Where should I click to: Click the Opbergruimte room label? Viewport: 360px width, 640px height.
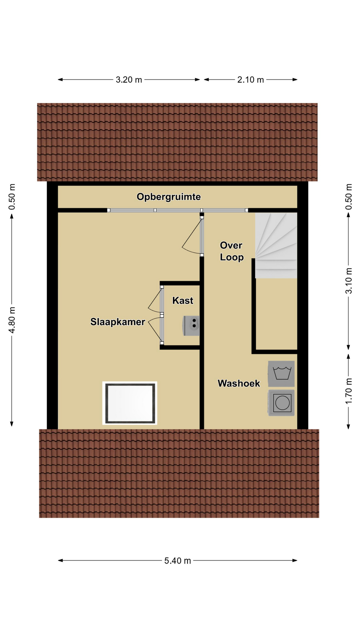(x=169, y=197)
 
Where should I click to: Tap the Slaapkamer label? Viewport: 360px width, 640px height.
(x=118, y=322)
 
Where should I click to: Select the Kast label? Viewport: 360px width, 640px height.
(x=183, y=300)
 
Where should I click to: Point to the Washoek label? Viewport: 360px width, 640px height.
(x=239, y=383)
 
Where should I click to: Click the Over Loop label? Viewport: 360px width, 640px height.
(x=232, y=251)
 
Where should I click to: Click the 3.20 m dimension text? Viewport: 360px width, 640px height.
(x=129, y=80)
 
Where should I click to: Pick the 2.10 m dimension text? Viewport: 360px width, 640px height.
(x=251, y=80)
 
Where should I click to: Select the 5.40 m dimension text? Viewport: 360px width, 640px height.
(x=178, y=561)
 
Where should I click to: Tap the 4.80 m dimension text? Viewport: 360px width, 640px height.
(x=12, y=320)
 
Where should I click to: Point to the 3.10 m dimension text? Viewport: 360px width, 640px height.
(x=349, y=281)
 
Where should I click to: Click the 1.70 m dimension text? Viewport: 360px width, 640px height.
(x=349, y=391)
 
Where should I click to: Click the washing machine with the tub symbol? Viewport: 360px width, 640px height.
(x=281, y=374)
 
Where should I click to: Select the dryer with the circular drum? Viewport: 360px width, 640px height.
(x=281, y=403)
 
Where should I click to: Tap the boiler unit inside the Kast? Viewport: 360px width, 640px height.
(x=191, y=326)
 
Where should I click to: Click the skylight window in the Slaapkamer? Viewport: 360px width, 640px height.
(x=130, y=403)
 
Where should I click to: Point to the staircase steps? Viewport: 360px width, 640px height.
(x=276, y=246)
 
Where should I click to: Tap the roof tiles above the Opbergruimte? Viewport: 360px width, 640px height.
(x=177, y=142)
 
